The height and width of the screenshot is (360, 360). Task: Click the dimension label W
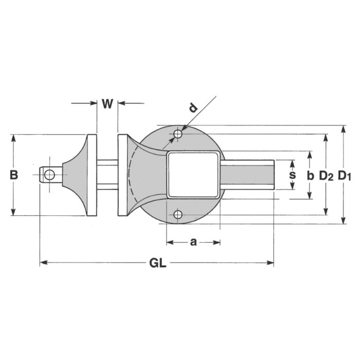pos(107,104)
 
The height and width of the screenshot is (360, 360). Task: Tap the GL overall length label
pos(157,263)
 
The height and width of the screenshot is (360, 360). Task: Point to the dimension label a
pos(193,242)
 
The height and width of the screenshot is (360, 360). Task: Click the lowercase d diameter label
pos(192,109)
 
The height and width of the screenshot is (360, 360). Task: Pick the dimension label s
pos(292,175)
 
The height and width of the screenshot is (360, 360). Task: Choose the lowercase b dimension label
pos(310,175)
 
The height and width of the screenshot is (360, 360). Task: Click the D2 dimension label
pos(326,175)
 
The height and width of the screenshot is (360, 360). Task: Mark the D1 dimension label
pos(344,175)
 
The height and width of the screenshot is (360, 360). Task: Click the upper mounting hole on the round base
pos(178,134)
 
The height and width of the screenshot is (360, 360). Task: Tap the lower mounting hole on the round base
pos(178,214)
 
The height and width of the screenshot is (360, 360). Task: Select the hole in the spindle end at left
pos(49,175)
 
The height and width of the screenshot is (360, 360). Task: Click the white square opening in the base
pos(193,175)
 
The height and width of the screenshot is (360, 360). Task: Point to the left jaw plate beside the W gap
pos(93,175)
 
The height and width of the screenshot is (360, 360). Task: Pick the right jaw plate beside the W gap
pos(122,175)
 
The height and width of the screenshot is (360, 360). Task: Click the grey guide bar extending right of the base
pos(247,175)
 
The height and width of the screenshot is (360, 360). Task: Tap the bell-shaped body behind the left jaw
pos(77,175)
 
